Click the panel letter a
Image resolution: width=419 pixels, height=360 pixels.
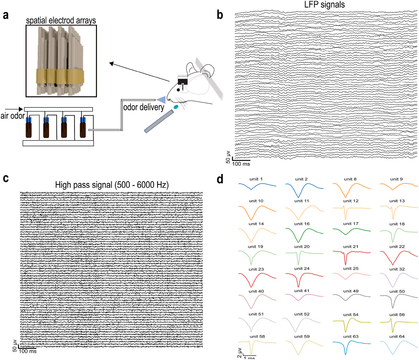6,15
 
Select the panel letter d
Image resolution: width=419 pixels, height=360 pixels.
220,179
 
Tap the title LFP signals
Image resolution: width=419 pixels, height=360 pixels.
324,4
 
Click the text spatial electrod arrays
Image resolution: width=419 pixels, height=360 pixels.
61,20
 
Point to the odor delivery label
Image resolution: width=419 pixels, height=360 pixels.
144,107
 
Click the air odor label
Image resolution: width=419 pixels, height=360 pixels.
13,116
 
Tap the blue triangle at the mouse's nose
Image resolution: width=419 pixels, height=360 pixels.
161,100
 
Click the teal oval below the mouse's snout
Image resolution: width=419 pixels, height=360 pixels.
176,107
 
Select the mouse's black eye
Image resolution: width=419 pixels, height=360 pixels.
178,90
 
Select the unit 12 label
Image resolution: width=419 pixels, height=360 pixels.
351,201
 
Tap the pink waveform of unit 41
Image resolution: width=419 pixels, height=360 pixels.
304,297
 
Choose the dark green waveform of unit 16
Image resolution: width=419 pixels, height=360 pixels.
304,235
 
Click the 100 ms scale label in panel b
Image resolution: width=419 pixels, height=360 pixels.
241,164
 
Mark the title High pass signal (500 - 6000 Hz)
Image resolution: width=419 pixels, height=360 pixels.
112,185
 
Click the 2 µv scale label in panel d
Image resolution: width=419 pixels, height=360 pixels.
239,353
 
